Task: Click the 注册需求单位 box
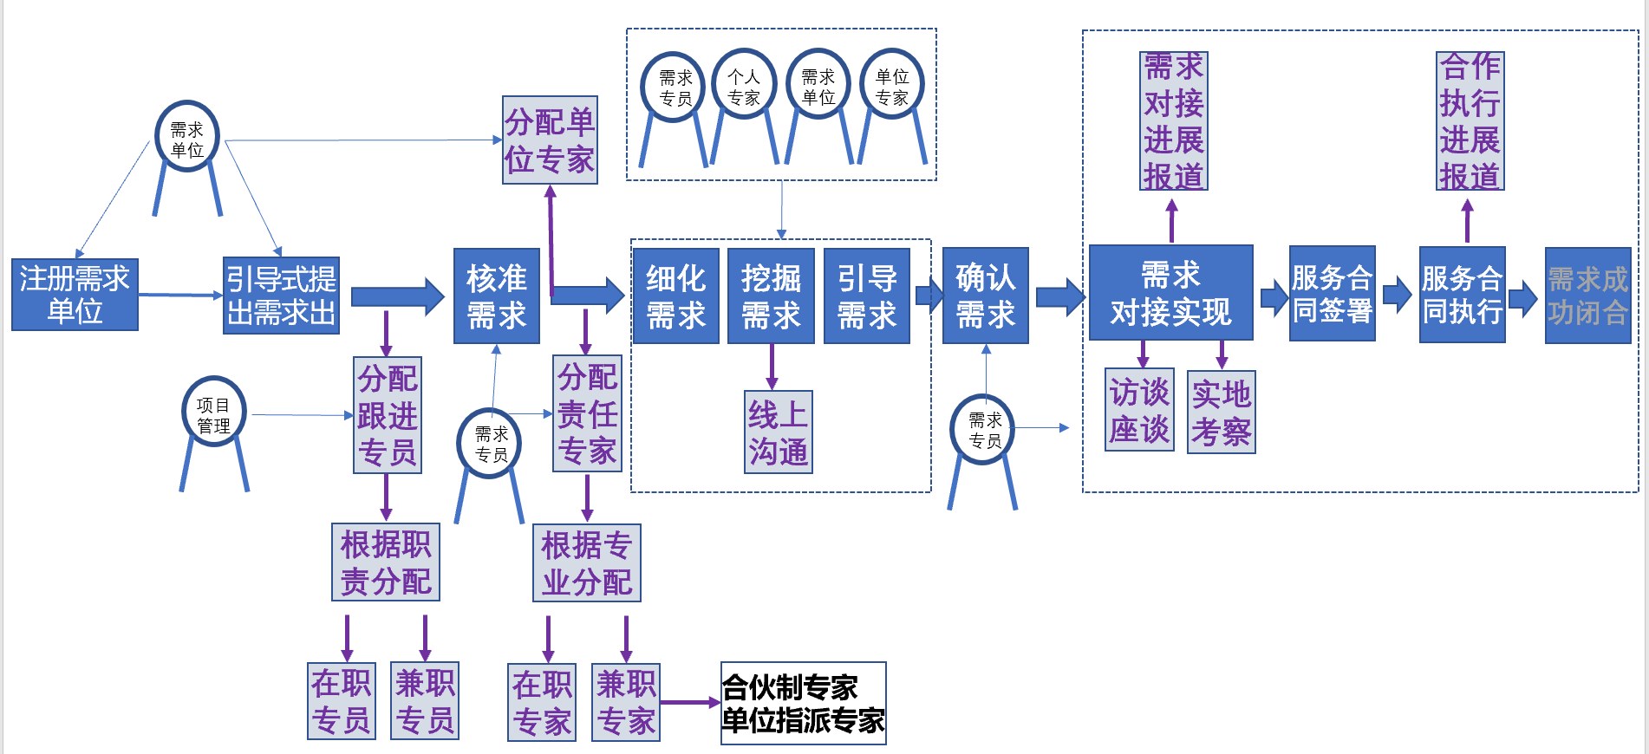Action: tap(75, 295)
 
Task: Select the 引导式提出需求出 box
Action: tap(281, 296)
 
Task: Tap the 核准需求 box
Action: tap(497, 296)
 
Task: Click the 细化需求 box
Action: tap(675, 296)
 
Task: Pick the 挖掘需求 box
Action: tap(771, 296)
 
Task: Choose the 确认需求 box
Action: tap(985, 296)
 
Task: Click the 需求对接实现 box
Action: tap(1170, 293)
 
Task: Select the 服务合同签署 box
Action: tap(1332, 294)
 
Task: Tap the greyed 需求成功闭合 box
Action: tap(1587, 296)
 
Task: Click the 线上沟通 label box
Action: tap(778, 432)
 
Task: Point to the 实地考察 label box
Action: tap(1221, 412)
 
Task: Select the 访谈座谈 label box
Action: tap(1139, 410)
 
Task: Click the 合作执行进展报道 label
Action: tap(1470, 120)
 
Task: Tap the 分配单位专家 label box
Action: tap(550, 140)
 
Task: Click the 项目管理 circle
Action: tap(213, 413)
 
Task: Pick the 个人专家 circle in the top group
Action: tap(744, 85)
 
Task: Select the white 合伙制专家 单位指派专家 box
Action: tap(803, 703)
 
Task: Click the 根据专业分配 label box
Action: tap(586, 562)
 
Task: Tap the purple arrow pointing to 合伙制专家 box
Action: tap(689, 703)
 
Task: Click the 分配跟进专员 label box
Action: tap(388, 415)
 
